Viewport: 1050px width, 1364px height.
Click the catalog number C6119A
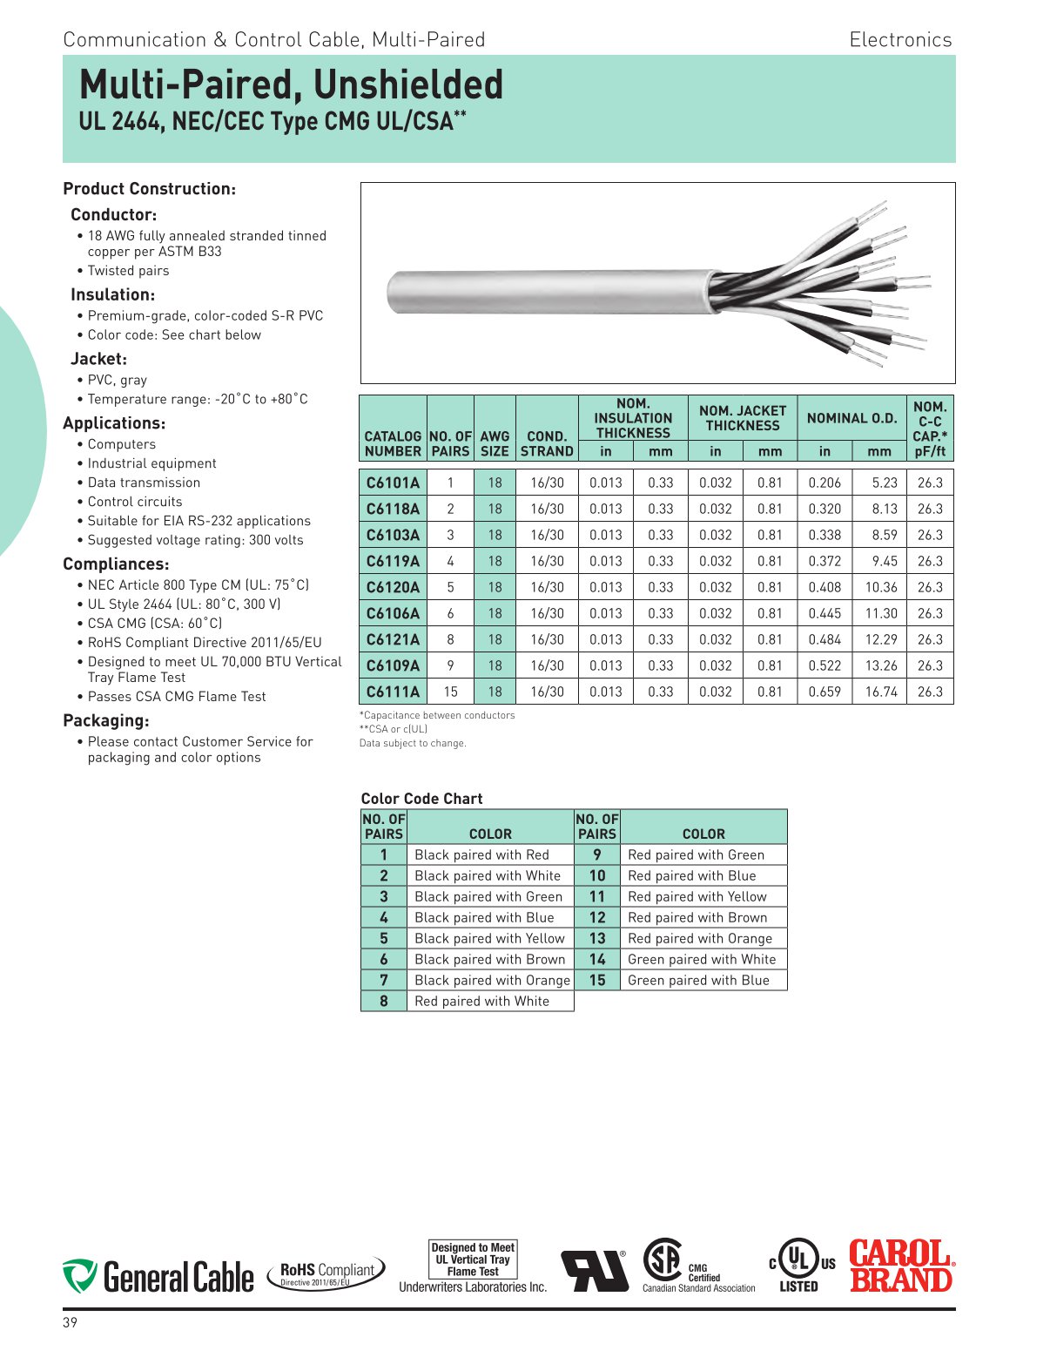(x=393, y=562)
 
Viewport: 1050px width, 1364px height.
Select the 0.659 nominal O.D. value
(x=824, y=692)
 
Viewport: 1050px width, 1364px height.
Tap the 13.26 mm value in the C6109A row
(x=880, y=666)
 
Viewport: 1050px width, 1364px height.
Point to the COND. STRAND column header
(x=547, y=443)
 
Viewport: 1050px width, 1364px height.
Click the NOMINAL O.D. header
(x=851, y=418)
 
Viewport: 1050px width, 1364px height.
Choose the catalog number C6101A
(x=393, y=483)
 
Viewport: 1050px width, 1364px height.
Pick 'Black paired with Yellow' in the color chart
(x=489, y=939)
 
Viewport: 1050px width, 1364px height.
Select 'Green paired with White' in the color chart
(x=702, y=960)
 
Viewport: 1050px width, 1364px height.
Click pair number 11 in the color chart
(x=597, y=897)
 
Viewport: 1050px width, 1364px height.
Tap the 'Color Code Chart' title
(x=421, y=799)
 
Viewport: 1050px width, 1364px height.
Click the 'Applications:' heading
(x=114, y=423)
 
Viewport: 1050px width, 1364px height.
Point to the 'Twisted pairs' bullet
(x=128, y=271)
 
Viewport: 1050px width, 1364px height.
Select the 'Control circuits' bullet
(x=135, y=502)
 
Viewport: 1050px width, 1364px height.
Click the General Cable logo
(x=158, y=1277)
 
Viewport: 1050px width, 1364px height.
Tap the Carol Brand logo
(x=901, y=1266)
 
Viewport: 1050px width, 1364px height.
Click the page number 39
(x=70, y=1323)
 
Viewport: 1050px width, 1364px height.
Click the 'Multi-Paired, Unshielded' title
(x=291, y=85)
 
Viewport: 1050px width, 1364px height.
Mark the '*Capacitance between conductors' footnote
(x=437, y=716)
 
